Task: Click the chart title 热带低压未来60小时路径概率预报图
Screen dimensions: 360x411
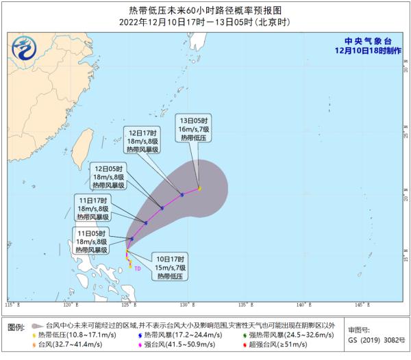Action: pos(205,10)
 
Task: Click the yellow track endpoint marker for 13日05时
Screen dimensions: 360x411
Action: pos(199,188)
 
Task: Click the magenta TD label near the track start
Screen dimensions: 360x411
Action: pos(137,268)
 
